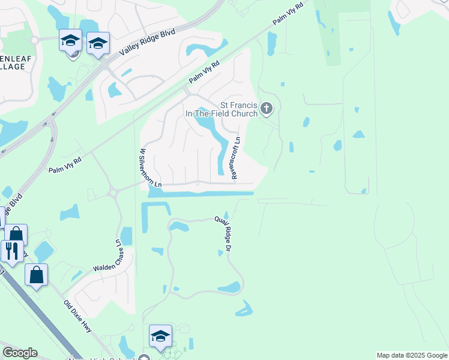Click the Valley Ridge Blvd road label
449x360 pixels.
click(147, 42)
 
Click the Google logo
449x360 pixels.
click(20, 353)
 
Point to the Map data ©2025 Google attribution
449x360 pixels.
click(412, 355)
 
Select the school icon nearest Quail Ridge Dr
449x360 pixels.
click(160, 336)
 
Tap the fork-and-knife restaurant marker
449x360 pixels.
click(11, 250)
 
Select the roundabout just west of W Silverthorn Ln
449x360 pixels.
click(111, 192)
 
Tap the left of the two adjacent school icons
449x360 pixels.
click(70, 41)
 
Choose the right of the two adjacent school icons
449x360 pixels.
click(98, 43)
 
